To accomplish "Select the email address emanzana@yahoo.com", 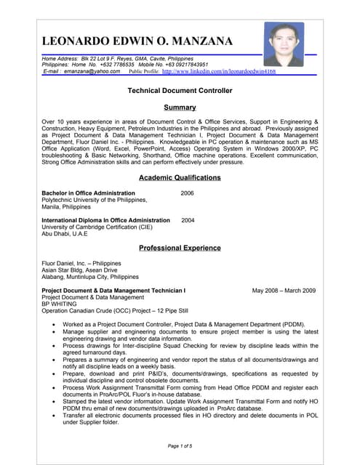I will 91,71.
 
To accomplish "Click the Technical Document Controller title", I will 180,91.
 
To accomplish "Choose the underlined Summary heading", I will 180,108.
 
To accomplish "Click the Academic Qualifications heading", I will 180,177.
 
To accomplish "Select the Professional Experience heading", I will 180,248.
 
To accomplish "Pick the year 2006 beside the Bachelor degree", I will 187,193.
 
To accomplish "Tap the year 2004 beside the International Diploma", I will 188,219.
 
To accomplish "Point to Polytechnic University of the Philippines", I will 95,200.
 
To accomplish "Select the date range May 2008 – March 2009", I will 284,291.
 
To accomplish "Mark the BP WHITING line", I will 60,304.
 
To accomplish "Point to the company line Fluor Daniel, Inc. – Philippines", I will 81,263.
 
